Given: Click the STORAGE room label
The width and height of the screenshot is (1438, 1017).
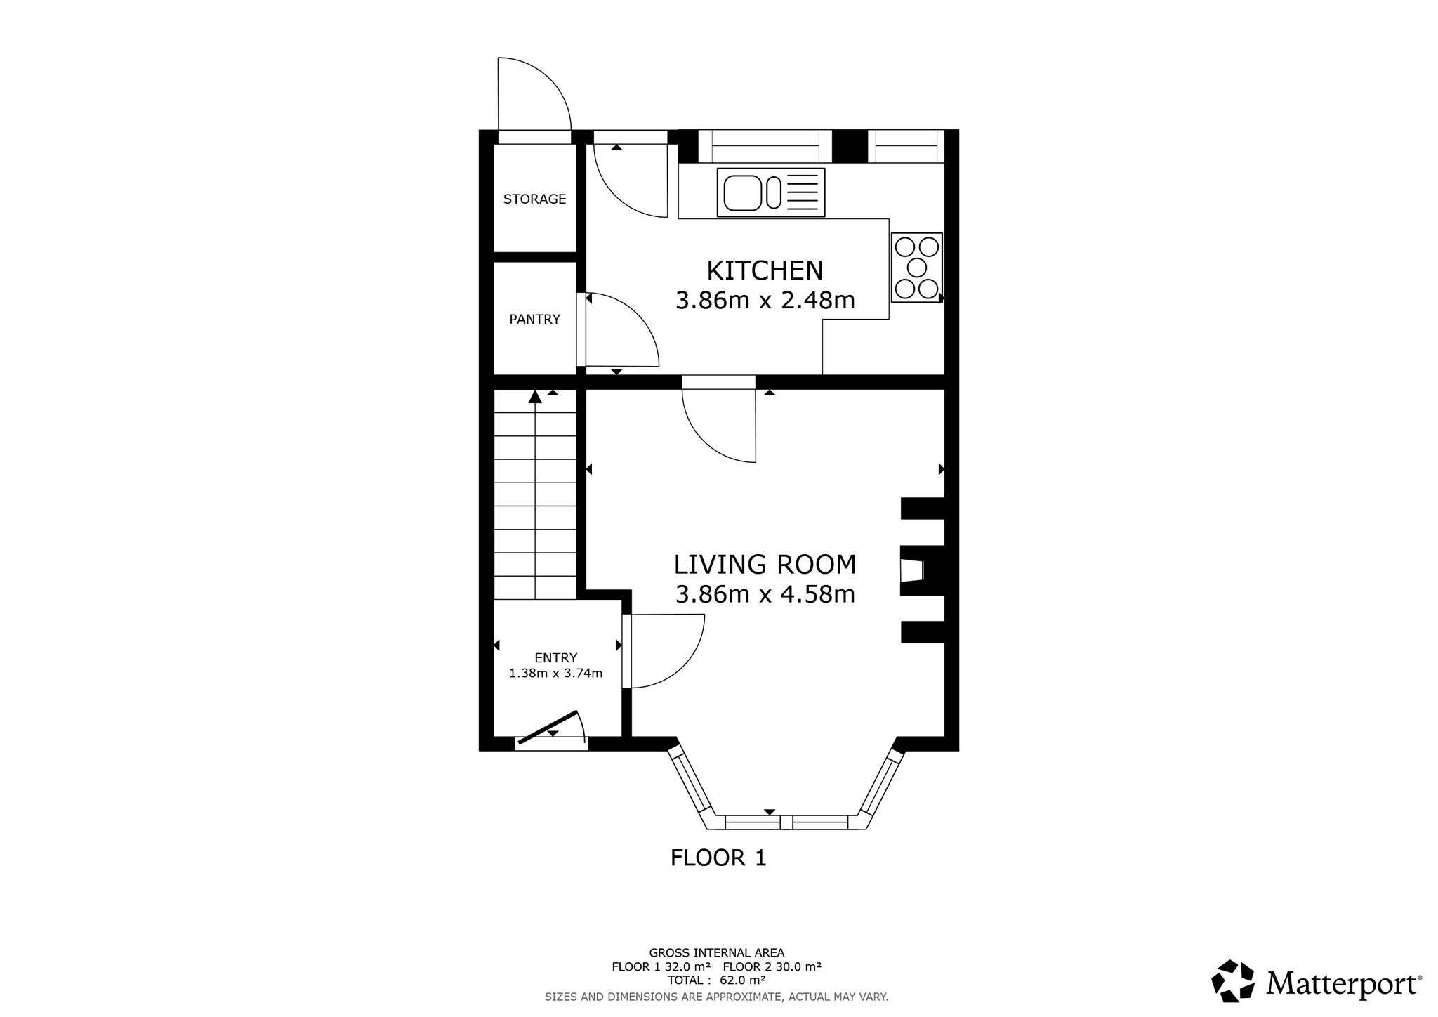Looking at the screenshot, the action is point(534,199).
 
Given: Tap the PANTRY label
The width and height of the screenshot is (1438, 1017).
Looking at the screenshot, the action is point(534,319).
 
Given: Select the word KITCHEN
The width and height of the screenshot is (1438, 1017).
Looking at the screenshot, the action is point(765,270).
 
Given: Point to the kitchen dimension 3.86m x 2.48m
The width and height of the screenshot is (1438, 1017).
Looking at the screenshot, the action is point(765,301).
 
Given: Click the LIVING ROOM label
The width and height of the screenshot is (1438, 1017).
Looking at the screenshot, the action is point(765,565).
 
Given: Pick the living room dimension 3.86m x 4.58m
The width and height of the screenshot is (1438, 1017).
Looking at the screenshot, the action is point(765,595).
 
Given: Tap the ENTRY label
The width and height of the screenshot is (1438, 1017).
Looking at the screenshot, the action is point(555,658).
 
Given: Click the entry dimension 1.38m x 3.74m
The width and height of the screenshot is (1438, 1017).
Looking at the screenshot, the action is point(555,674).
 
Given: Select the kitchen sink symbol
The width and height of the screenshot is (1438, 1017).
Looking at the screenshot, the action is point(771,192).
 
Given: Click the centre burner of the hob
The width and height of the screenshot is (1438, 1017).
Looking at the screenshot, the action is point(917,268).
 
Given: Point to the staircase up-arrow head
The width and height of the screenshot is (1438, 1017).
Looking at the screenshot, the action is point(535,397).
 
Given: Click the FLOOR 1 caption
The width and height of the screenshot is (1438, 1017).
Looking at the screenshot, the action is point(718,858).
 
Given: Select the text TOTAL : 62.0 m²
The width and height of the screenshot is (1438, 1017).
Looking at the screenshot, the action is point(716,980).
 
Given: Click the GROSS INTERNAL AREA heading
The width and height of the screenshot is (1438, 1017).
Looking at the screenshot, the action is point(716,953).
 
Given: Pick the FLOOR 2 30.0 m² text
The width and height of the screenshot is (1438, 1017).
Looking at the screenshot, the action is point(772,966).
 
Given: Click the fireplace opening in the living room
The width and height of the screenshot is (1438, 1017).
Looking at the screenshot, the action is point(912,570).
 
